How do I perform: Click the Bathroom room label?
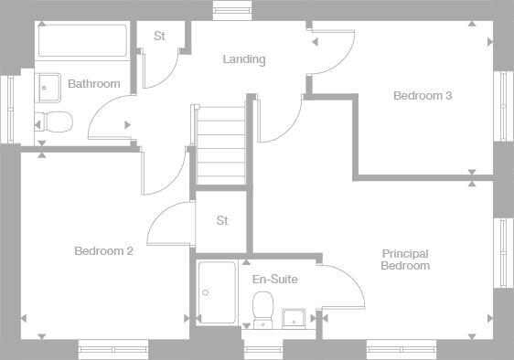(x=94, y=84)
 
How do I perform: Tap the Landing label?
(x=244, y=59)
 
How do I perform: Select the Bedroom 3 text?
(x=423, y=96)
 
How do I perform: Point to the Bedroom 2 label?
(x=104, y=250)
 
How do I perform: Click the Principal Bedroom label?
(x=405, y=259)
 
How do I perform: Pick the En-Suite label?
(x=274, y=280)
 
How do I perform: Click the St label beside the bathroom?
(x=159, y=37)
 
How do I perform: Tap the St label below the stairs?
(x=222, y=221)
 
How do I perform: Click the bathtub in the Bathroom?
(x=82, y=42)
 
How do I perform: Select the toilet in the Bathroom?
(x=54, y=122)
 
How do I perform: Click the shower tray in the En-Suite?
(x=217, y=292)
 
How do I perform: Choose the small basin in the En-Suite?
(x=294, y=317)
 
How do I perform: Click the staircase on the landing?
(x=220, y=144)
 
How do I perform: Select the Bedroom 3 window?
(x=502, y=105)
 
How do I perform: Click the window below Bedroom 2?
(x=112, y=349)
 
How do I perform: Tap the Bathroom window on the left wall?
(x=10, y=109)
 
